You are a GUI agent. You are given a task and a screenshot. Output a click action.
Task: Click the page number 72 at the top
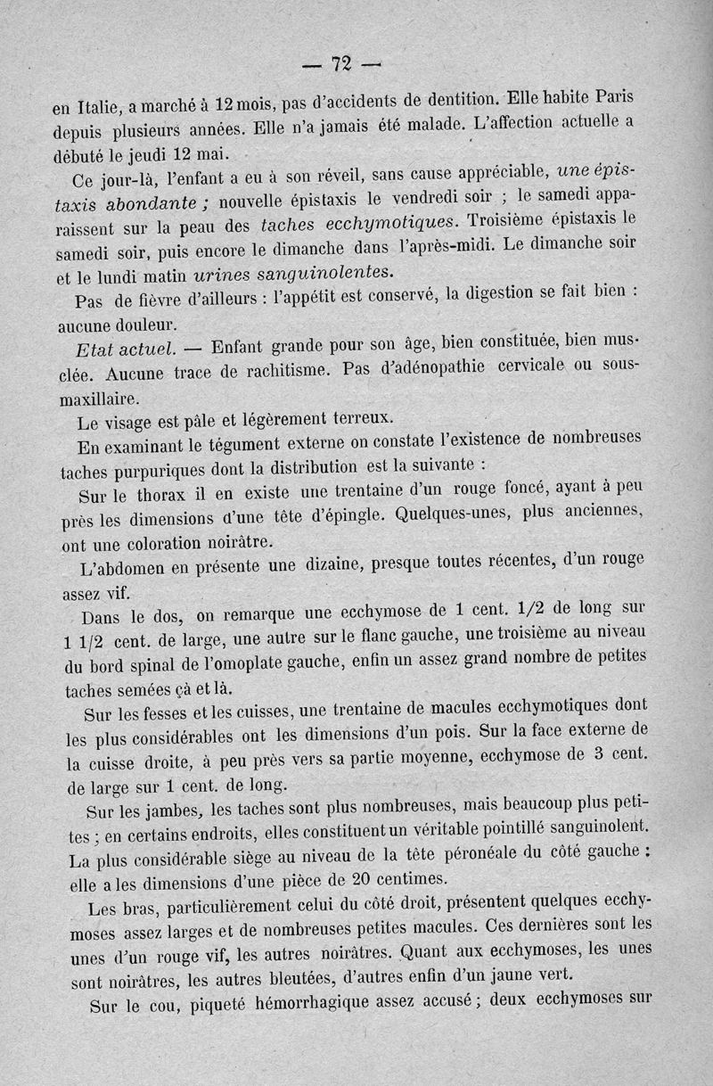[340, 63]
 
